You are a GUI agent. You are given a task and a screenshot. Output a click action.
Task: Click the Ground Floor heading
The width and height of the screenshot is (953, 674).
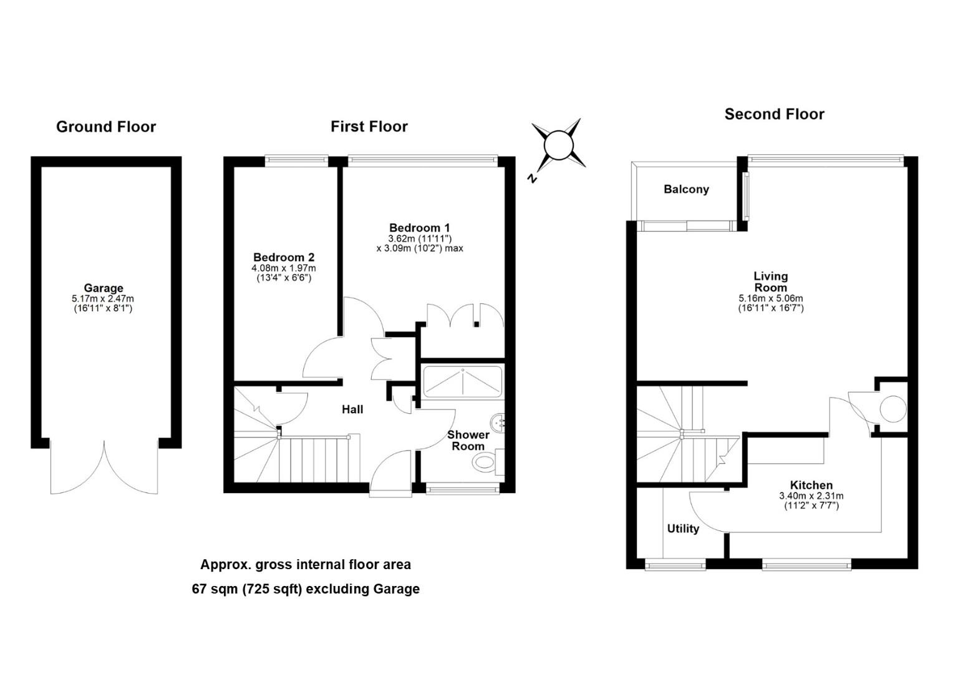pyautogui.click(x=106, y=127)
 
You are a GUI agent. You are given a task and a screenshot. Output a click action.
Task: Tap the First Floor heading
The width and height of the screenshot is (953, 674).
pyautogui.click(x=369, y=127)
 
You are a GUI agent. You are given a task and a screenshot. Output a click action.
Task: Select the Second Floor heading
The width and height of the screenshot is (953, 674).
pyautogui.click(x=774, y=114)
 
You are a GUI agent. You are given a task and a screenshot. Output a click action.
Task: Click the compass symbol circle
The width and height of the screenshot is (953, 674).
pyautogui.click(x=558, y=145)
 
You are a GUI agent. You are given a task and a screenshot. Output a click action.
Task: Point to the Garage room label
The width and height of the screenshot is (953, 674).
pyautogui.click(x=104, y=288)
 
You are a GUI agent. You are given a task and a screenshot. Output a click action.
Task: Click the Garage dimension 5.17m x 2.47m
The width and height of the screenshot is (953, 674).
pyautogui.click(x=103, y=299)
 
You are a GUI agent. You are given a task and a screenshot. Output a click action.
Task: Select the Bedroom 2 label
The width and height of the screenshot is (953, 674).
pyautogui.click(x=284, y=257)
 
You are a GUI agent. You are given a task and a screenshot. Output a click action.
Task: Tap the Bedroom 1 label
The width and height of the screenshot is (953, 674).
pyautogui.click(x=419, y=228)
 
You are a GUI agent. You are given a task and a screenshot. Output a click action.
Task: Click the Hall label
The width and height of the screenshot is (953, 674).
pyautogui.click(x=352, y=409)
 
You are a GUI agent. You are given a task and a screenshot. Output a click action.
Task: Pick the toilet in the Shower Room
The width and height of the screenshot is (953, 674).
pyautogui.click(x=485, y=462)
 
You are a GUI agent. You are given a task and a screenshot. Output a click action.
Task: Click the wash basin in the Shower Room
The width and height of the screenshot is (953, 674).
pyautogui.click(x=499, y=423)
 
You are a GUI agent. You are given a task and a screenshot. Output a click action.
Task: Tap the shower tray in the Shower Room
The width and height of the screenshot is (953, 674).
pyautogui.click(x=463, y=382)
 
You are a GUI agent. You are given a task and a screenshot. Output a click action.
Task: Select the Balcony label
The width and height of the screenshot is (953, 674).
pyautogui.click(x=686, y=189)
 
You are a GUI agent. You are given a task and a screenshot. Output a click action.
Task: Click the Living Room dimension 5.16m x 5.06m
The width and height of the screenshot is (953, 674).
pyautogui.click(x=771, y=298)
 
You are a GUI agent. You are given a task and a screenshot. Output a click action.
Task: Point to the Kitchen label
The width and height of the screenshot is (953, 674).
pyautogui.click(x=811, y=485)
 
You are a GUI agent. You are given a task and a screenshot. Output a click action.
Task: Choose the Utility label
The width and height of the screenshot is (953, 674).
pyautogui.click(x=683, y=529)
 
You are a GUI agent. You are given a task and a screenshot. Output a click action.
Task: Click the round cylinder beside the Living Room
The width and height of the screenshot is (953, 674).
pyautogui.click(x=893, y=409)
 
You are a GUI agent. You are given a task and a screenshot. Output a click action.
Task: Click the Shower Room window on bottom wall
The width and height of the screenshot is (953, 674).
pyautogui.click(x=463, y=489)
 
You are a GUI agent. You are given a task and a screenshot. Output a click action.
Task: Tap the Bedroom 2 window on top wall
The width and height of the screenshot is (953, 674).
pyautogui.click(x=297, y=160)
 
